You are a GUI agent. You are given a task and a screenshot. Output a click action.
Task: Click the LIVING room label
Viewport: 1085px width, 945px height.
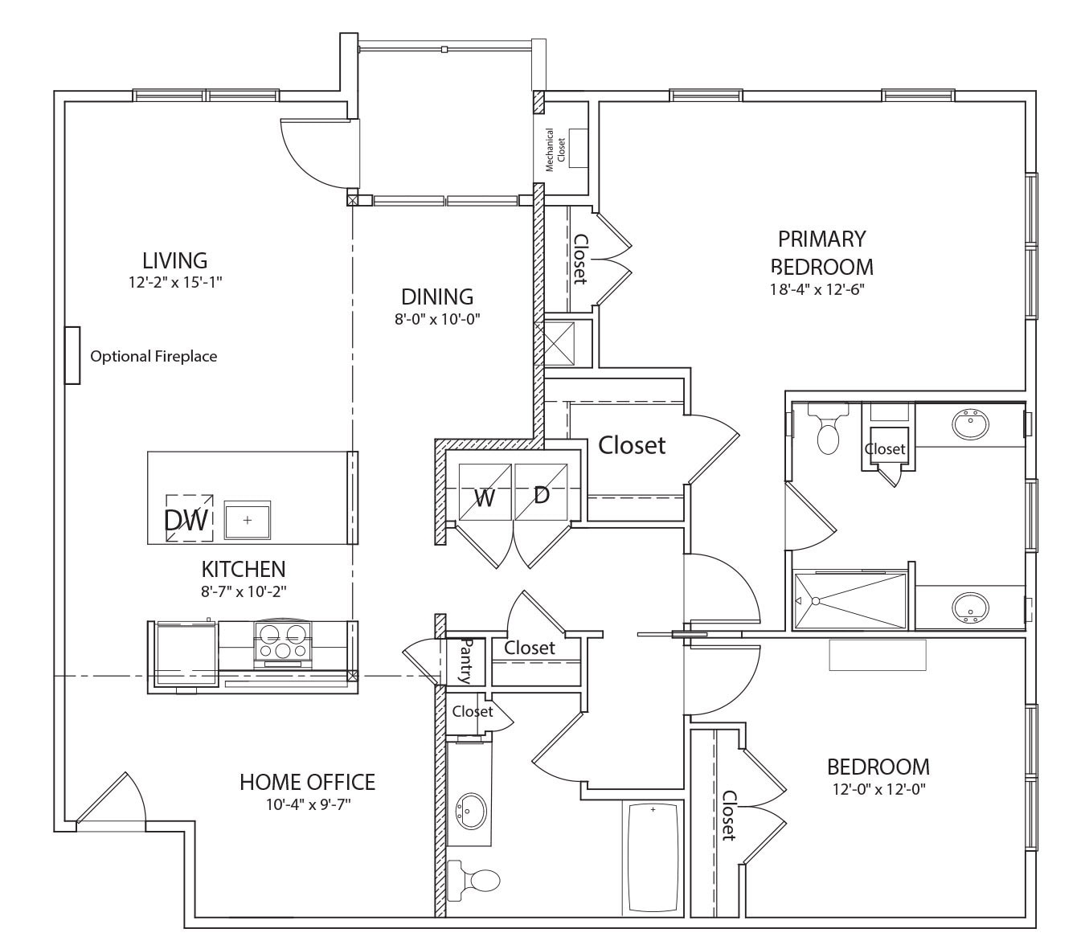click(174, 260)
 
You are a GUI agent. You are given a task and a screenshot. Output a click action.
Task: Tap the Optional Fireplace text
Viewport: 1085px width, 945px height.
click(153, 356)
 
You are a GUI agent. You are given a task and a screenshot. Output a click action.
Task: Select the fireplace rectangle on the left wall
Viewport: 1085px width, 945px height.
click(72, 355)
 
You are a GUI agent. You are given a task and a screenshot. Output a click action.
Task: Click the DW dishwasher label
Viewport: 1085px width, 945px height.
click(186, 521)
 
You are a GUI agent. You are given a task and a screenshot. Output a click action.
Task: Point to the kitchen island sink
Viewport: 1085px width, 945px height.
click(248, 520)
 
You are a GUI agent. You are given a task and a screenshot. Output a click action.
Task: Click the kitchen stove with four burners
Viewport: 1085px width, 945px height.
click(283, 643)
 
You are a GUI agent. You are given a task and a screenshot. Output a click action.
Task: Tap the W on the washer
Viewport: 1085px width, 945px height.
click(484, 498)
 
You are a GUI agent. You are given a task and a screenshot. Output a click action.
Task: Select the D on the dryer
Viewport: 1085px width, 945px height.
click(542, 495)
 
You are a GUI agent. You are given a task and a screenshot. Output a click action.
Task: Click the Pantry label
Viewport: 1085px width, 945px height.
click(465, 661)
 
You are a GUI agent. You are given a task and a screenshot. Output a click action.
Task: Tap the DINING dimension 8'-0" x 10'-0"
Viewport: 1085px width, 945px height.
click(436, 319)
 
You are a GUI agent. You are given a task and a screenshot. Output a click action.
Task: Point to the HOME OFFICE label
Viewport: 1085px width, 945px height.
click(307, 782)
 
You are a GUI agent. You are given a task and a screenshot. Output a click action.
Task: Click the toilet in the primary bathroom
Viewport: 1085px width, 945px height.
click(827, 430)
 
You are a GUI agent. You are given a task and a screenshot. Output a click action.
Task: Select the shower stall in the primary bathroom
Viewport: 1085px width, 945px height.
click(850, 600)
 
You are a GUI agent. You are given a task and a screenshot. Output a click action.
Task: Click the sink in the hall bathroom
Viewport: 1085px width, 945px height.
click(470, 810)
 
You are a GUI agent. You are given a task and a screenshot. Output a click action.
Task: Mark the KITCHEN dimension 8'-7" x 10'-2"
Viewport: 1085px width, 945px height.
click(244, 591)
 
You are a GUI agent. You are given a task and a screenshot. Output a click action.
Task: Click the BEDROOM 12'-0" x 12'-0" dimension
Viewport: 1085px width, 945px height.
click(879, 789)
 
